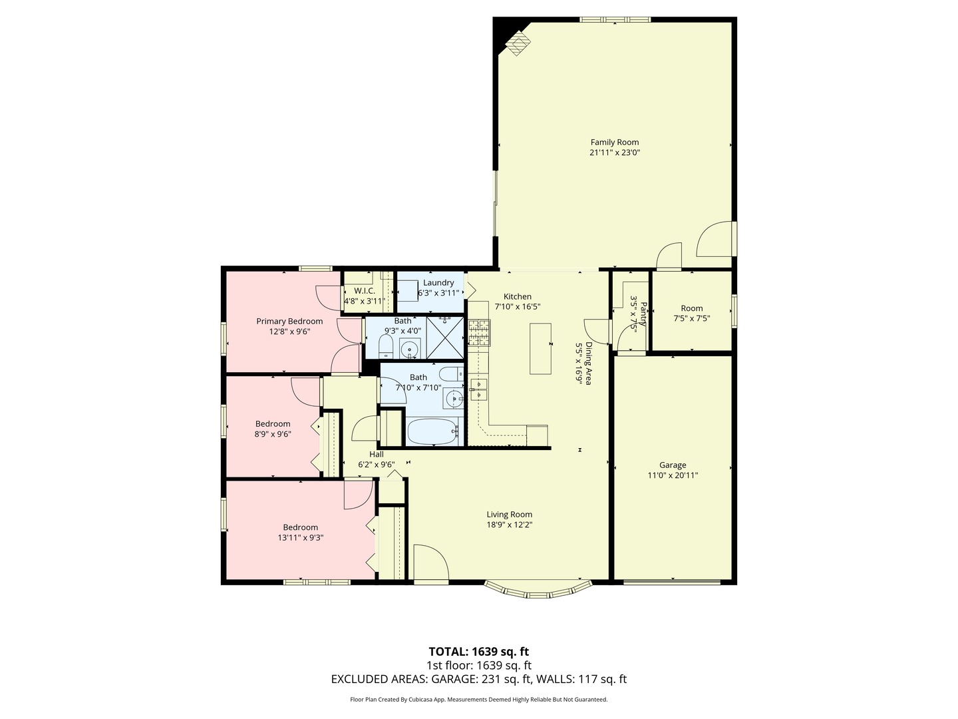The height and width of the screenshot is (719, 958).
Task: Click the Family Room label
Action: [x=615, y=142]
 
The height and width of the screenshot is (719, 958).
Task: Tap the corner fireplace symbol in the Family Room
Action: [x=518, y=44]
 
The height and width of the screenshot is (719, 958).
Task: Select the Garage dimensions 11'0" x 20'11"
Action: [x=673, y=475]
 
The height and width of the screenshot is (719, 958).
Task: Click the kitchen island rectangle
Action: [x=540, y=348]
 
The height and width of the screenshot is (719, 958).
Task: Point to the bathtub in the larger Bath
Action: [x=432, y=432]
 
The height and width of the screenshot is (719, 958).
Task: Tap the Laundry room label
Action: [x=438, y=283]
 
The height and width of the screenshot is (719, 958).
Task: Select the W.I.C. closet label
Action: [x=365, y=291]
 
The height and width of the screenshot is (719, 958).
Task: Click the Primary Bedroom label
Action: [x=289, y=322]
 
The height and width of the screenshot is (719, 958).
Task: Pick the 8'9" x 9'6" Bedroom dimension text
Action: [x=273, y=434]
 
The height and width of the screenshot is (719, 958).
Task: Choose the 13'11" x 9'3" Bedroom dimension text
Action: [x=301, y=537]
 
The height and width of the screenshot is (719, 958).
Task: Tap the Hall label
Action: [x=377, y=455]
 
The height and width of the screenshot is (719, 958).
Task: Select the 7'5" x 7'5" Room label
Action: [x=692, y=308]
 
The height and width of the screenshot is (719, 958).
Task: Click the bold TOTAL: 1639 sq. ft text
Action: [x=478, y=651]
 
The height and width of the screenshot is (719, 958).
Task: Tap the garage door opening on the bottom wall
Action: [x=672, y=583]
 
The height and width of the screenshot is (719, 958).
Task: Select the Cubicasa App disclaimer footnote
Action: [x=478, y=700]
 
